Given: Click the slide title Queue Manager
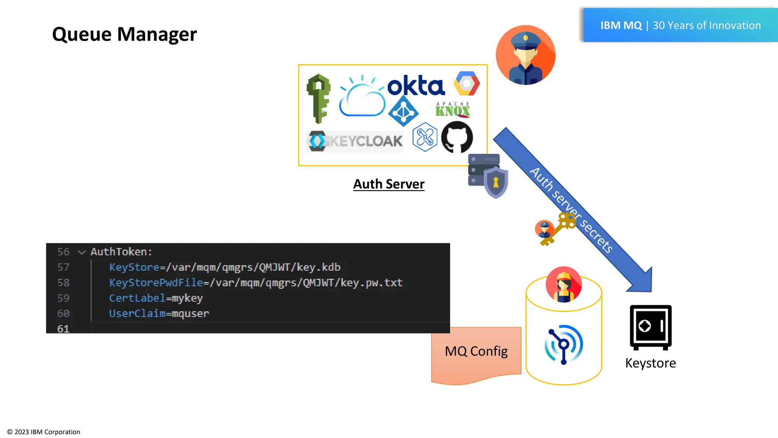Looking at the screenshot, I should pos(124,34).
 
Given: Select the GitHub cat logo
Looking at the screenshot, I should pos(457,137).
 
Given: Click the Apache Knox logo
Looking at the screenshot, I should pos(452,109).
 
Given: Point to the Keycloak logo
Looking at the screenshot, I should pos(355,141).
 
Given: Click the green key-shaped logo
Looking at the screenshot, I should pos(318,98).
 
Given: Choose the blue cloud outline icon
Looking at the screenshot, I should pos(362,97).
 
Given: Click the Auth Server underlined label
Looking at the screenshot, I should pos(389,184).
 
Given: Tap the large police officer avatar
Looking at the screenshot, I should pos(525,55).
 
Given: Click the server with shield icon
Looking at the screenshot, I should pos(488,175).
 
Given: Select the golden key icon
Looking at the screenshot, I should pos(558,229).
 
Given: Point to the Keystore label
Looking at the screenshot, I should pos(650,363).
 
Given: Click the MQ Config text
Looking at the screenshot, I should pos(476,351).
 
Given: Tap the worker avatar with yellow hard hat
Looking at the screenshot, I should pos(563,284).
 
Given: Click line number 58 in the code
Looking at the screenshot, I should pos(63,282).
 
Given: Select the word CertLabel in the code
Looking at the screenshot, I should pos(137,298).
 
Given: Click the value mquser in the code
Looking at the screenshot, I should pos(190,314).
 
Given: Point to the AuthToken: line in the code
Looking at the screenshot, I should pos(121,252).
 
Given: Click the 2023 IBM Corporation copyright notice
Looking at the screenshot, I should pos(44,432).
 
